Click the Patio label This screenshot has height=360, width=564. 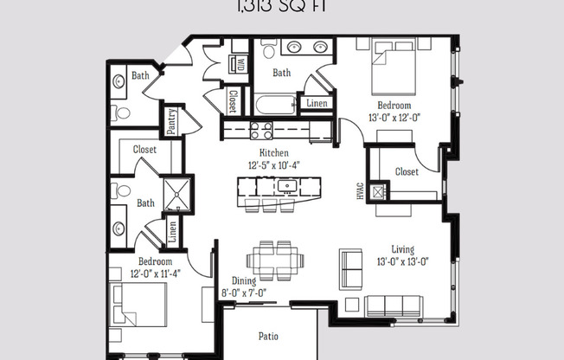[x=268, y=336]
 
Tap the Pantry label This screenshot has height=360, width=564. [x=172, y=121]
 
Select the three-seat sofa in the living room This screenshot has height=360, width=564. [x=393, y=305]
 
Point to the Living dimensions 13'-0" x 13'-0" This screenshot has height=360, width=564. [x=403, y=260]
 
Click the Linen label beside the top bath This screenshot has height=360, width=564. [x=317, y=103]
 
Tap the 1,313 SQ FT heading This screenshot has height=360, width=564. [x=281, y=8]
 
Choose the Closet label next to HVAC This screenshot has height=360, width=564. [x=407, y=171]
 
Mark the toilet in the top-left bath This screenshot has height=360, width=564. [x=120, y=112]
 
